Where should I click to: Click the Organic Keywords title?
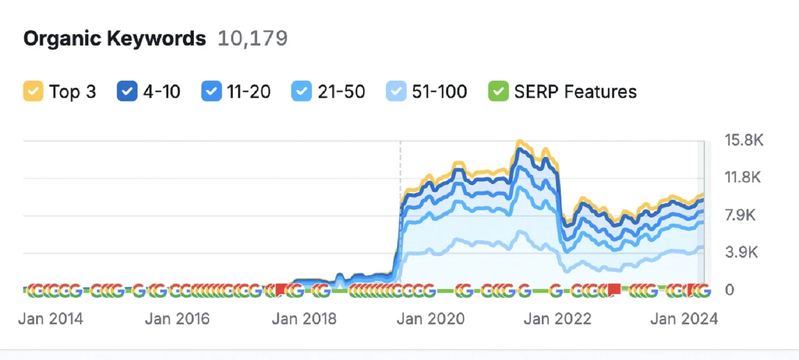tap(114, 39)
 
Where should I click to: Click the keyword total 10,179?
tap(252, 39)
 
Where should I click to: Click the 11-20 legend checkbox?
tap(211, 91)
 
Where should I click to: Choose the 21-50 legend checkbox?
tap(301, 91)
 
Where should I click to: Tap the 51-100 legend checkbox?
tap(395, 91)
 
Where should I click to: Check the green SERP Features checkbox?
tap(497, 91)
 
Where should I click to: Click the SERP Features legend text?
tap(575, 91)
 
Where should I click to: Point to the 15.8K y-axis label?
tap(744, 141)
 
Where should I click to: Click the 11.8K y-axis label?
tap(743, 178)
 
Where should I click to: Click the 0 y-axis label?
tap(730, 290)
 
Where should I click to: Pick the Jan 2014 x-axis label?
tap(51, 318)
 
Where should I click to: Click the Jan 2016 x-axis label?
tap(177, 318)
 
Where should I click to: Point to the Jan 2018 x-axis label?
tap(304, 318)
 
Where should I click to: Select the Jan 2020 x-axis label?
tap(430, 318)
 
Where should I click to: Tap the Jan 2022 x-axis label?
tap(557, 318)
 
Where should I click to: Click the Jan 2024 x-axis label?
tap(684, 318)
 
